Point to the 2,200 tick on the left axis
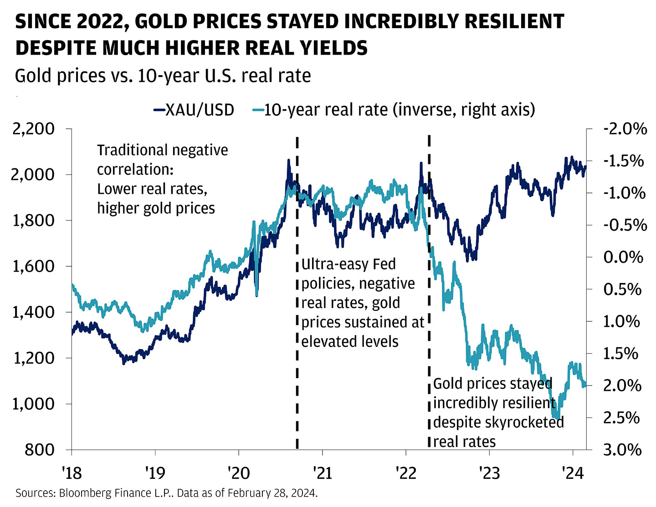tap(33, 129)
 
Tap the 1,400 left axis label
tap(33, 312)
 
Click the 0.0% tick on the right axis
tap(623, 257)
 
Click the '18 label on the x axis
tap(72, 473)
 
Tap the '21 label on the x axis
tap(322, 473)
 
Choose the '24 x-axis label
tap(573, 473)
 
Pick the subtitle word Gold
tap(32, 76)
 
